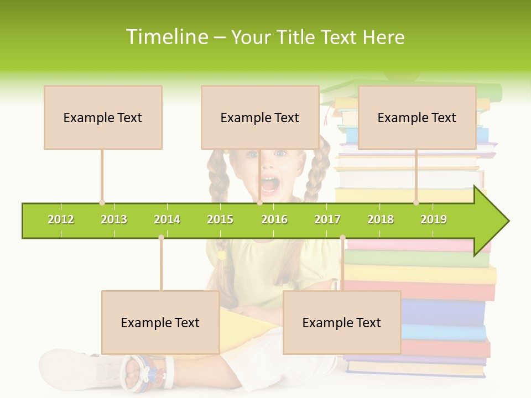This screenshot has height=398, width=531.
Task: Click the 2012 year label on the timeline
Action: point(61,220)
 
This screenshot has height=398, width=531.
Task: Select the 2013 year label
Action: point(114,220)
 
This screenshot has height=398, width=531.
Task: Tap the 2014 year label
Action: point(167,220)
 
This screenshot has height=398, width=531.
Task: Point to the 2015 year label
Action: point(220,220)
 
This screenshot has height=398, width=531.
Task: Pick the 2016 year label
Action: point(274,220)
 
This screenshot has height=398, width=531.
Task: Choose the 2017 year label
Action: point(327,220)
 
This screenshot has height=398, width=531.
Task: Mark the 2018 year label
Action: point(381,220)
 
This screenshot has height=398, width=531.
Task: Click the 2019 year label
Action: point(434,220)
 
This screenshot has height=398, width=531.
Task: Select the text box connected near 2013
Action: point(103,117)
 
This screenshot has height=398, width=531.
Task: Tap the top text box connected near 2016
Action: point(260,117)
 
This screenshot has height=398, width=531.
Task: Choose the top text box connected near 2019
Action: point(417,117)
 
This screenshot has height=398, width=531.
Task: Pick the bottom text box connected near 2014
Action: point(160,322)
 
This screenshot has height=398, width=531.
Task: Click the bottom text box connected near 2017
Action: point(342,322)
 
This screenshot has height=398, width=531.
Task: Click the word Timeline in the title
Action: point(166,37)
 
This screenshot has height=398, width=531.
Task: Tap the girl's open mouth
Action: point(270,185)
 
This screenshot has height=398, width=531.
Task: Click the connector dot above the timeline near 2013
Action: point(102,202)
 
